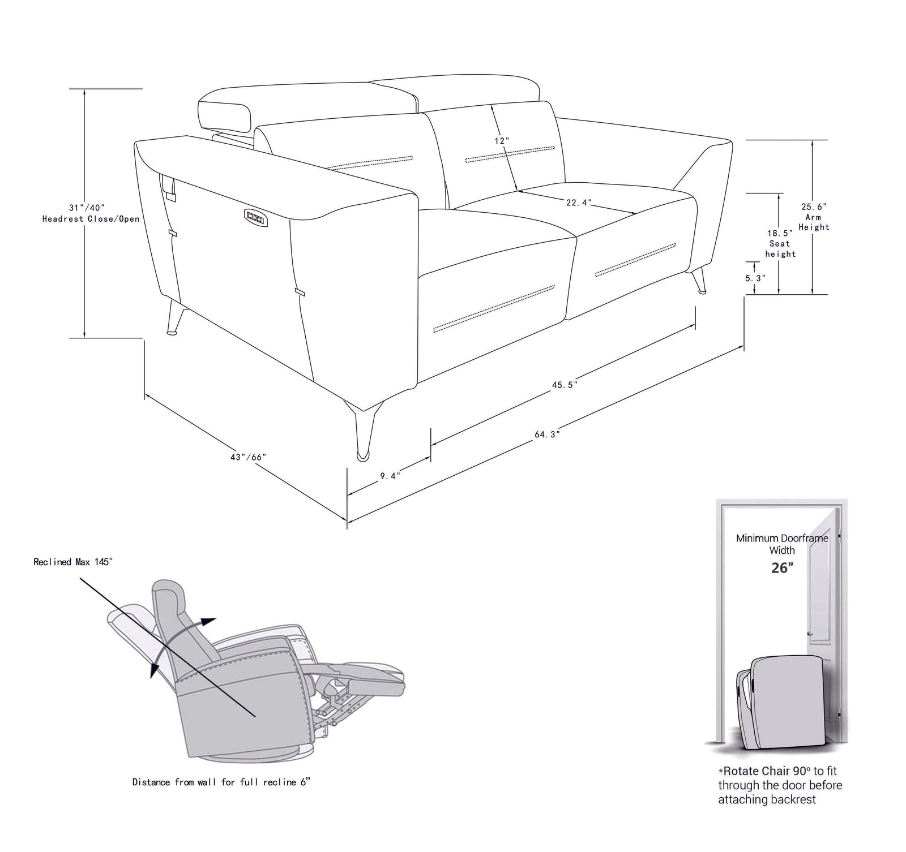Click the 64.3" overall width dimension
pos(547,434)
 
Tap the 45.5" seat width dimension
pos(565,385)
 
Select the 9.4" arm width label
pos(390,476)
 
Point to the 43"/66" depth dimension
pos(248,457)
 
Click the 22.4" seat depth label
pos(579,202)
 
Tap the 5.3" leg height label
pos(755,278)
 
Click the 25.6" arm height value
pos(814,207)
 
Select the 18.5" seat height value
pos(780,233)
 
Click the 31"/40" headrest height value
pos(87,208)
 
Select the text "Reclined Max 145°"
pos(73,562)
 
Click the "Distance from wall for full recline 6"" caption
pos(221,782)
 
